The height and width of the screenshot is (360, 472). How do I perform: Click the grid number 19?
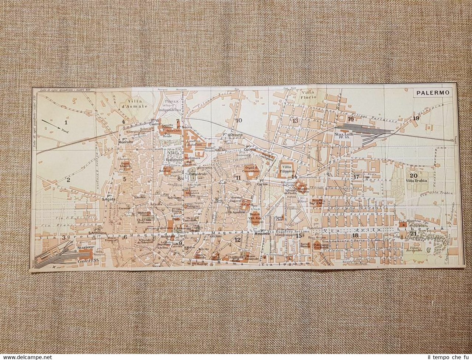[x=416, y=118]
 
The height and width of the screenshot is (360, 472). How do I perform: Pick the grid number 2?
[x=68, y=180]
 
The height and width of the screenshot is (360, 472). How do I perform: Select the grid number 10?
[x=239, y=120]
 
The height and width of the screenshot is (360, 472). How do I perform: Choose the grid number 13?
[x=295, y=121]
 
